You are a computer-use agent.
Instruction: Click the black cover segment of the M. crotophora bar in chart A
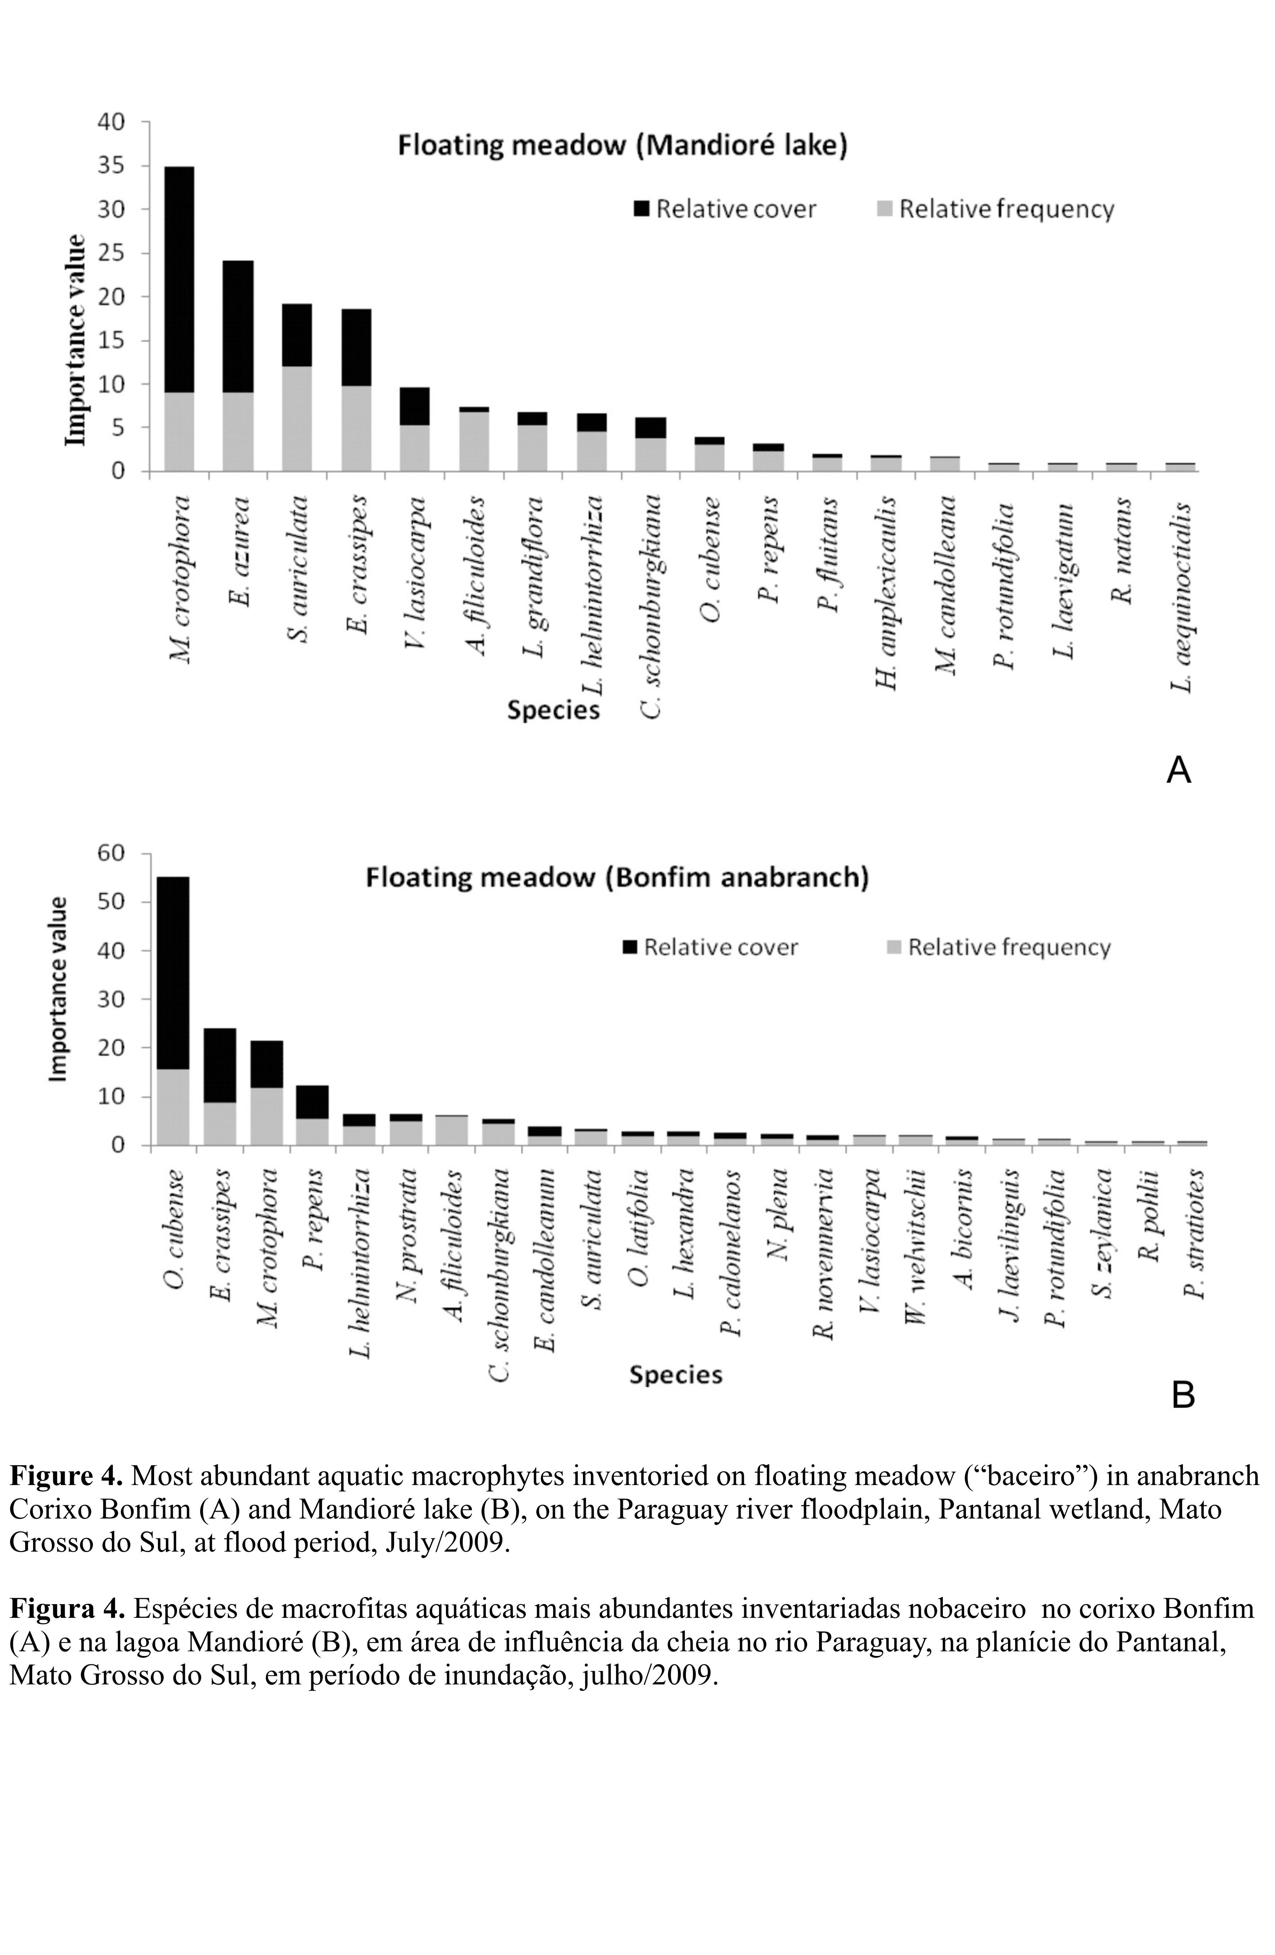pos(179,279)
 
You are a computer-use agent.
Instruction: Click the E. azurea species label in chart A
pos(240,550)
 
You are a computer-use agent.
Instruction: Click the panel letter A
pos(1178,770)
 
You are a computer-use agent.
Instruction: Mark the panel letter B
pos(1182,1395)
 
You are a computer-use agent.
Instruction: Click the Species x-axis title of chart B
pos(675,1375)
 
